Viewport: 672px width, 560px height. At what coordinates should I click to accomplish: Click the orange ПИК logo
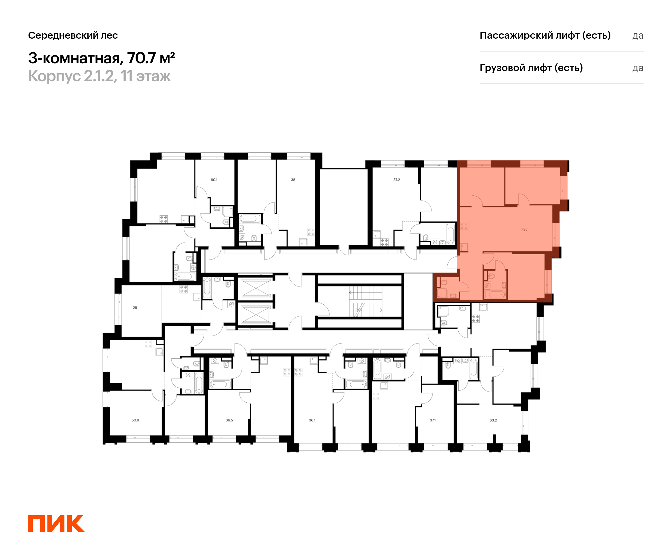(x=56, y=524)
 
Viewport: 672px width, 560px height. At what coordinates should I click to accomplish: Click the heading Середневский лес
(x=73, y=35)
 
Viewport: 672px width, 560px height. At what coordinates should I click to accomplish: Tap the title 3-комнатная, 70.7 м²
(x=101, y=58)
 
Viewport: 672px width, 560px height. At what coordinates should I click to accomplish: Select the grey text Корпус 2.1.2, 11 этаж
(x=99, y=76)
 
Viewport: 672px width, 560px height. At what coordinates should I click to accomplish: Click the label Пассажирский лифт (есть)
(x=545, y=35)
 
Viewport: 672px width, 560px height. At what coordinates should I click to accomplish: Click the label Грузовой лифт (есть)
(x=531, y=68)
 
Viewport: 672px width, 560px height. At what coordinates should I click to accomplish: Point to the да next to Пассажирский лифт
(x=638, y=36)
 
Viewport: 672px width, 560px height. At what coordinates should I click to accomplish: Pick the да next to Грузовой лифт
(x=638, y=68)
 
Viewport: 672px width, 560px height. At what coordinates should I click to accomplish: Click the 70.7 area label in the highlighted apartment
(x=524, y=230)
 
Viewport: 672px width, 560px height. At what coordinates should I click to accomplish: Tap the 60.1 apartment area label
(x=214, y=180)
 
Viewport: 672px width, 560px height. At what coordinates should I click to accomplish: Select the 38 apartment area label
(x=293, y=180)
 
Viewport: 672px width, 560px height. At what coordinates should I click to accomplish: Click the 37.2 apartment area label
(x=397, y=180)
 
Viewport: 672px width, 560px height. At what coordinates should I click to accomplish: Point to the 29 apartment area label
(x=135, y=307)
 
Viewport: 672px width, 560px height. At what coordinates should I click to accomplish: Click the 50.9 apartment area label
(x=135, y=420)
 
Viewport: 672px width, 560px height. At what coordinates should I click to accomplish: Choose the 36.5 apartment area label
(x=229, y=420)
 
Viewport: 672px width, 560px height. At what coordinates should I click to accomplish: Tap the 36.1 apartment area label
(x=312, y=420)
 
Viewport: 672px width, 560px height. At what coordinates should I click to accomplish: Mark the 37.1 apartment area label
(x=433, y=420)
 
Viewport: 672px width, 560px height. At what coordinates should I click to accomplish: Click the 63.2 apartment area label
(x=493, y=420)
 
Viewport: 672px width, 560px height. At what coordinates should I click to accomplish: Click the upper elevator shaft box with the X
(x=256, y=288)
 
